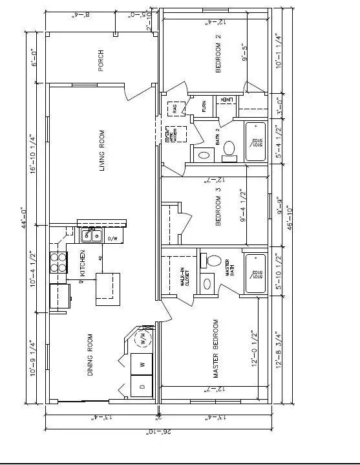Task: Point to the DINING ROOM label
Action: coord(90,355)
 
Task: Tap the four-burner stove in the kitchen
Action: coord(59,262)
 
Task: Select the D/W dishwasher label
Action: coord(111,239)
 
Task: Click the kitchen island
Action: coord(108,288)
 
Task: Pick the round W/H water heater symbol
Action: coord(142,338)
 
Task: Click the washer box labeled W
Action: coord(141,365)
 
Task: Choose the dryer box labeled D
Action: coord(142,387)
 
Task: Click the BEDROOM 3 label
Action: coord(218,206)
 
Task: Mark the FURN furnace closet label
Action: coord(204,105)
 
